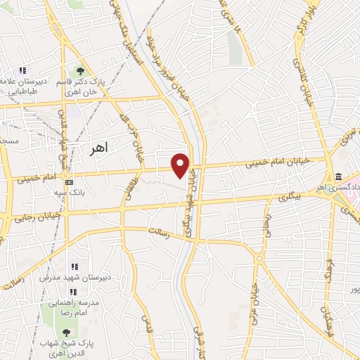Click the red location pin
coord(181,165)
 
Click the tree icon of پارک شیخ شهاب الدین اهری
coord(66,331)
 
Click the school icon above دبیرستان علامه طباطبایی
coord(22,70)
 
